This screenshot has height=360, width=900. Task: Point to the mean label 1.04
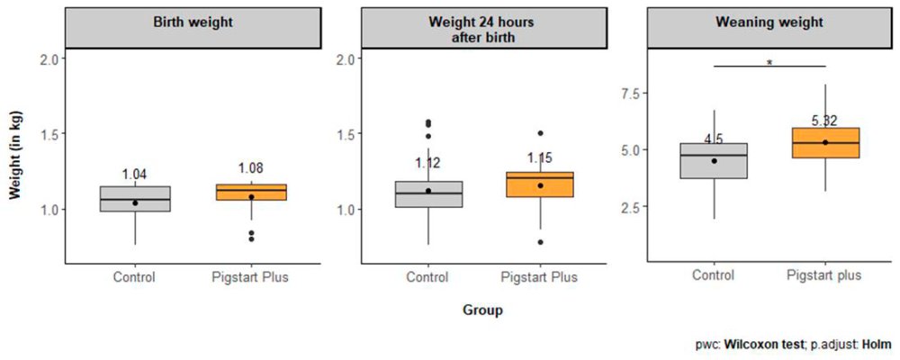click(x=135, y=174)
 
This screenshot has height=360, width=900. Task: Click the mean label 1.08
click(x=251, y=168)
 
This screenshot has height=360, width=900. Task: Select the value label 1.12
click(x=429, y=163)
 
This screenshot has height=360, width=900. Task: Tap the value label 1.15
click(x=541, y=158)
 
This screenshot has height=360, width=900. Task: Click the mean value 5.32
click(x=825, y=121)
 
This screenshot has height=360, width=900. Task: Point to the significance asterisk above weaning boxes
click(x=769, y=63)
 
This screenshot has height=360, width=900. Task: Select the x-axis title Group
click(x=482, y=310)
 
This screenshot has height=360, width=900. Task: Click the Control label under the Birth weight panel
click(x=135, y=277)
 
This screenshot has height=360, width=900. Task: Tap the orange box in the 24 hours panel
click(x=541, y=184)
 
